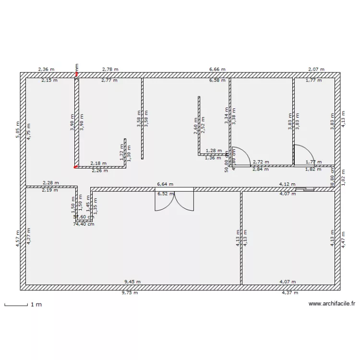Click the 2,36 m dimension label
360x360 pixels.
(x=46, y=70)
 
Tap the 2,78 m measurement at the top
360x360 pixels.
(x=110, y=70)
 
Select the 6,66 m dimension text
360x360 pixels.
(x=217, y=70)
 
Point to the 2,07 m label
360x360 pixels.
(x=316, y=70)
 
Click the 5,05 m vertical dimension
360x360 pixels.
(x=18, y=130)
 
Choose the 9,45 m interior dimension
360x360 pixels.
(x=132, y=282)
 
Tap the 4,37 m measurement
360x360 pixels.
(x=290, y=292)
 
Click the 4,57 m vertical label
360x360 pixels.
(x=18, y=239)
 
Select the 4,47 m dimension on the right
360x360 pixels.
(x=343, y=239)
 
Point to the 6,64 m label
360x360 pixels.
(x=165, y=184)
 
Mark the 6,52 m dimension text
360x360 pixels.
(x=165, y=194)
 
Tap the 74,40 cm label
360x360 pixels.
(x=84, y=224)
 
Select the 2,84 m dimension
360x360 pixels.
(x=261, y=169)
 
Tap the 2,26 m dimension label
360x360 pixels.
(x=99, y=170)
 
